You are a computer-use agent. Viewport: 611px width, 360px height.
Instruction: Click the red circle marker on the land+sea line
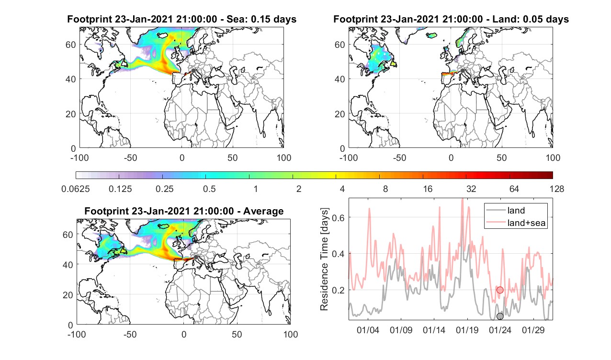click(x=500, y=290)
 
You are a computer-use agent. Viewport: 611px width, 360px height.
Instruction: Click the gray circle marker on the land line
click(x=500, y=316)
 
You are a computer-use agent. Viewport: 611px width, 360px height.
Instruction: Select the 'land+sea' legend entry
click(x=516, y=223)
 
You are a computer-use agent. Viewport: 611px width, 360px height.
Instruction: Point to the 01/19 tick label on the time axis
click(x=467, y=330)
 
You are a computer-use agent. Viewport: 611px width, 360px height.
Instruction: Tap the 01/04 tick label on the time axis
click(x=368, y=330)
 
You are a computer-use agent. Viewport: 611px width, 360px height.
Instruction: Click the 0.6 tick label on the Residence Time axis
click(x=338, y=217)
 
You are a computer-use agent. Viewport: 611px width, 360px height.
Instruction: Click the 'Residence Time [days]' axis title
click(x=324, y=259)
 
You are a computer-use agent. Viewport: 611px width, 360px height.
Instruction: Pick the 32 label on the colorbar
click(x=471, y=189)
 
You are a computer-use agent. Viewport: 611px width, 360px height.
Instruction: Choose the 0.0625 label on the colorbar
click(x=76, y=189)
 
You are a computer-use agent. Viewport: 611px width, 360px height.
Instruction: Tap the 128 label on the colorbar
click(x=557, y=189)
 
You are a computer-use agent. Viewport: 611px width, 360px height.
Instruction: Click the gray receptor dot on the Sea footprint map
click(x=193, y=71)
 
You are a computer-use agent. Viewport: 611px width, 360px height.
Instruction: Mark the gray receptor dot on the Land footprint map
click(x=463, y=71)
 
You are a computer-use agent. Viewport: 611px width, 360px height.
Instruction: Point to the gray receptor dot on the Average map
click(x=196, y=257)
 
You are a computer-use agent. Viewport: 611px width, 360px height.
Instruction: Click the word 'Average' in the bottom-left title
click(x=263, y=211)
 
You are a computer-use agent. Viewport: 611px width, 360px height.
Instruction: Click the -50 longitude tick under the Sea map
click(x=130, y=157)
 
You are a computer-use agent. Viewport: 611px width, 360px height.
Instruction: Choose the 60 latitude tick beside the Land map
click(x=339, y=45)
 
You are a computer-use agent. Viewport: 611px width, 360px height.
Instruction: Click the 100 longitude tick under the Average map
click(x=291, y=334)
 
